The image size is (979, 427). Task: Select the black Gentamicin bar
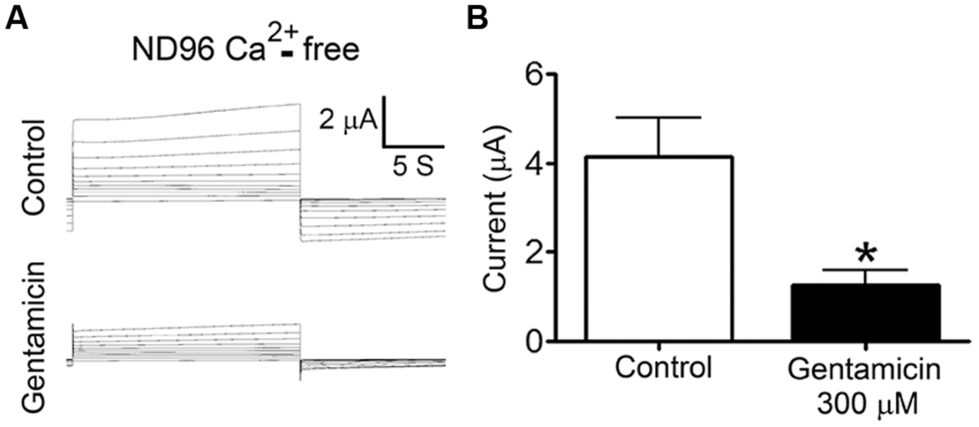point(865,312)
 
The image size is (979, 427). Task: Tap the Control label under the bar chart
point(663,367)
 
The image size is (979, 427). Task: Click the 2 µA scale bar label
point(348,120)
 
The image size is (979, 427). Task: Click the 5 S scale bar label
point(413,166)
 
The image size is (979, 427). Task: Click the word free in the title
point(331,50)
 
